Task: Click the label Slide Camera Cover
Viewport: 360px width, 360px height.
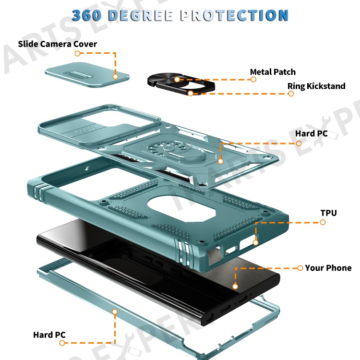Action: (x=58, y=44)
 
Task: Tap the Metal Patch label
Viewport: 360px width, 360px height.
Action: (x=273, y=72)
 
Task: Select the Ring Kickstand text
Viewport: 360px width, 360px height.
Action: (x=316, y=86)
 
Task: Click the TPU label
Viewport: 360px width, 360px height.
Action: (x=328, y=213)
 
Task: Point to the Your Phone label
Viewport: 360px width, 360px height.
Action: (x=328, y=268)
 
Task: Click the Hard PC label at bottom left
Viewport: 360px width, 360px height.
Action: (x=49, y=335)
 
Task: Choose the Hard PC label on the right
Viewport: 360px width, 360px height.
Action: (x=312, y=133)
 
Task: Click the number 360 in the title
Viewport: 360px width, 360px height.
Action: (x=86, y=15)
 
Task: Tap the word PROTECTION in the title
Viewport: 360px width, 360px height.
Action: (x=234, y=15)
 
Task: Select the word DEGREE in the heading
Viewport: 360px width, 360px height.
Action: (x=141, y=15)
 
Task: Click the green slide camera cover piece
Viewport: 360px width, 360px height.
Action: (x=87, y=74)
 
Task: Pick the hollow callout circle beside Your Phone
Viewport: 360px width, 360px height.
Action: (x=300, y=268)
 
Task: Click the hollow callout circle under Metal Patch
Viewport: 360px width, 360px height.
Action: (x=253, y=79)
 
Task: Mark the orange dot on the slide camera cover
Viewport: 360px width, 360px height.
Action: (x=116, y=76)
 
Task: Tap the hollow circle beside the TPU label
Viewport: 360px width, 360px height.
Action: (x=323, y=222)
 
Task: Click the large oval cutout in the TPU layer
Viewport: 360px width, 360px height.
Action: (x=182, y=209)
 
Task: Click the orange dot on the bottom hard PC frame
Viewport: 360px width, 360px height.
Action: (x=115, y=312)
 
